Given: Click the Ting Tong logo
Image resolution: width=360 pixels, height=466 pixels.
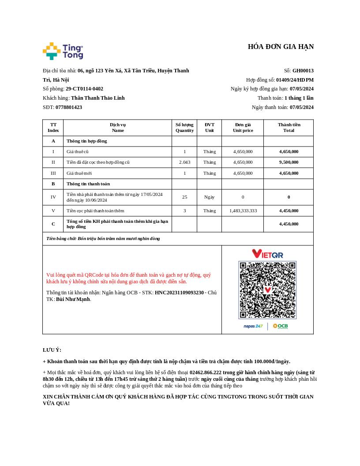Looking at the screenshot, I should (63, 51).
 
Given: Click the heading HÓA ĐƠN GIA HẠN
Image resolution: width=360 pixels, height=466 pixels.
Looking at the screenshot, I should (281, 47).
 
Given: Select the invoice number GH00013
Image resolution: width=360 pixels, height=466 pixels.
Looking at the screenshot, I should (303, 71).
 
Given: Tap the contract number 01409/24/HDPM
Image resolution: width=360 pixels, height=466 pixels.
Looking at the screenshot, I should (295, 80).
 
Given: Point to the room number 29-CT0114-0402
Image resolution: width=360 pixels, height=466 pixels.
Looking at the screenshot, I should (84, 89).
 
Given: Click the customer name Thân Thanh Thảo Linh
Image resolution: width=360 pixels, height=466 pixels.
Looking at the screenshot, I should (98, 98).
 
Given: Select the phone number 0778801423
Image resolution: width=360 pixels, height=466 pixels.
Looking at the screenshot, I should (69, 107).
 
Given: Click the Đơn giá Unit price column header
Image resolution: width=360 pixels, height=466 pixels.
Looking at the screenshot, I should (243, 128).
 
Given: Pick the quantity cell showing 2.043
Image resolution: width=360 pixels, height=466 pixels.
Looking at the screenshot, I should (184, 162).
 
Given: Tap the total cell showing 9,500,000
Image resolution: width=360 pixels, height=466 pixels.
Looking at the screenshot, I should (289, 162).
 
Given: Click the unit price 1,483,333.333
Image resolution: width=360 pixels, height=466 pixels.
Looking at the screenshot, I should (243, 211).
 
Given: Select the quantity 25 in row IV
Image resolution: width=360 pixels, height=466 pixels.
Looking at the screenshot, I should (184, 197).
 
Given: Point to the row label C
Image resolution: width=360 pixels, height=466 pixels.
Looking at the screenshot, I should (53, 224).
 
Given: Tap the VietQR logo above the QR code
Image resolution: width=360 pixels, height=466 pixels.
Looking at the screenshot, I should (267, 254).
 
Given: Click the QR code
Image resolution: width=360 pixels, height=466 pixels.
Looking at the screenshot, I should (267, 290).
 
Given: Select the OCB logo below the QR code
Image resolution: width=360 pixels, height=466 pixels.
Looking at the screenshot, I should (280, 326).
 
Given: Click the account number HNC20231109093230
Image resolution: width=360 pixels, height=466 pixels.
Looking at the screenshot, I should (179, 293).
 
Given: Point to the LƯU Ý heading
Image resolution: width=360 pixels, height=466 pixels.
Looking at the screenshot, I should (52, 350).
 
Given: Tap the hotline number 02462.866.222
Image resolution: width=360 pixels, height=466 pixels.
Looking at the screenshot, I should (206, 372).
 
